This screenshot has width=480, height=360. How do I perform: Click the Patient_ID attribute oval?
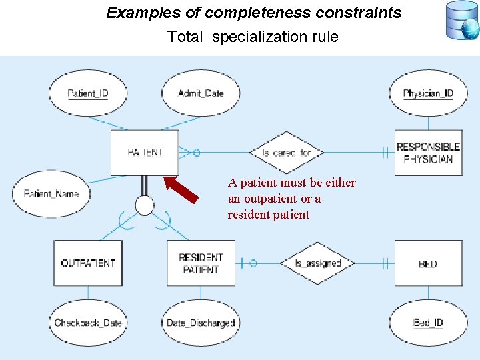[88, 93]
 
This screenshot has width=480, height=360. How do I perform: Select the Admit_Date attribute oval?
[201, 93]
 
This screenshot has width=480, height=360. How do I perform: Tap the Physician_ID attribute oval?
[427, 93]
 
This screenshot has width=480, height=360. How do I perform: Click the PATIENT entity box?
[145, 153]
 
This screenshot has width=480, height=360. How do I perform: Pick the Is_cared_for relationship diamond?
[286, 153]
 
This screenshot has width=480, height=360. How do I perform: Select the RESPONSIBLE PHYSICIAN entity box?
[428, 153]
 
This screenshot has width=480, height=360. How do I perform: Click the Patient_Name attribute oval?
[51, 194]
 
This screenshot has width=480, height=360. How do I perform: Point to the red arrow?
[181, 189]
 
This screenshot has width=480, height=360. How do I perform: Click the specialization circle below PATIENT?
[145, 206]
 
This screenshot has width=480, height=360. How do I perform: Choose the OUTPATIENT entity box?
[88, 263]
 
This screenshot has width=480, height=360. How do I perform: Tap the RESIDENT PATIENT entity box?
[201, 263]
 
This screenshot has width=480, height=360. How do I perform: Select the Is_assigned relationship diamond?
[318, 263]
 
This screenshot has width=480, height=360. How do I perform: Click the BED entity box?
[428, 263]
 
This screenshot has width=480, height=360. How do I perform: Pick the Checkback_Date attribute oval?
[88, 323]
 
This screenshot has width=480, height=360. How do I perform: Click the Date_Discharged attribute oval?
[201, 323]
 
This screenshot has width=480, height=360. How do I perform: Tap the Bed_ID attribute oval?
[428, 323]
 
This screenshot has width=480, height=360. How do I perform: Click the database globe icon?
[461, 21]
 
